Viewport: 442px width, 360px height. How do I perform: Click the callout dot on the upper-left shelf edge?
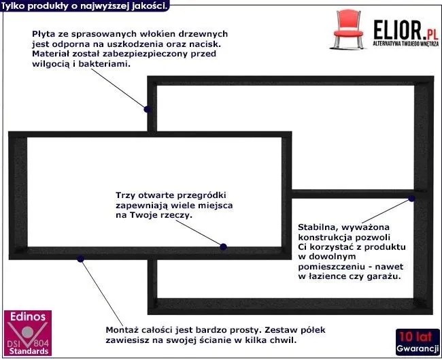(x=146, y=107)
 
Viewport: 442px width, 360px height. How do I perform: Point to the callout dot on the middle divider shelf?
(x=411, y=198)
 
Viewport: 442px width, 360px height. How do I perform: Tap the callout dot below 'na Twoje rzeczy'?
(x=223, y=246)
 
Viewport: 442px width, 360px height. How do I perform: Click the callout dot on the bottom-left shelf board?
(x=80, y=258)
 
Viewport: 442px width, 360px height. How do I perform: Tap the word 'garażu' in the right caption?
(x=384, y=277)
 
